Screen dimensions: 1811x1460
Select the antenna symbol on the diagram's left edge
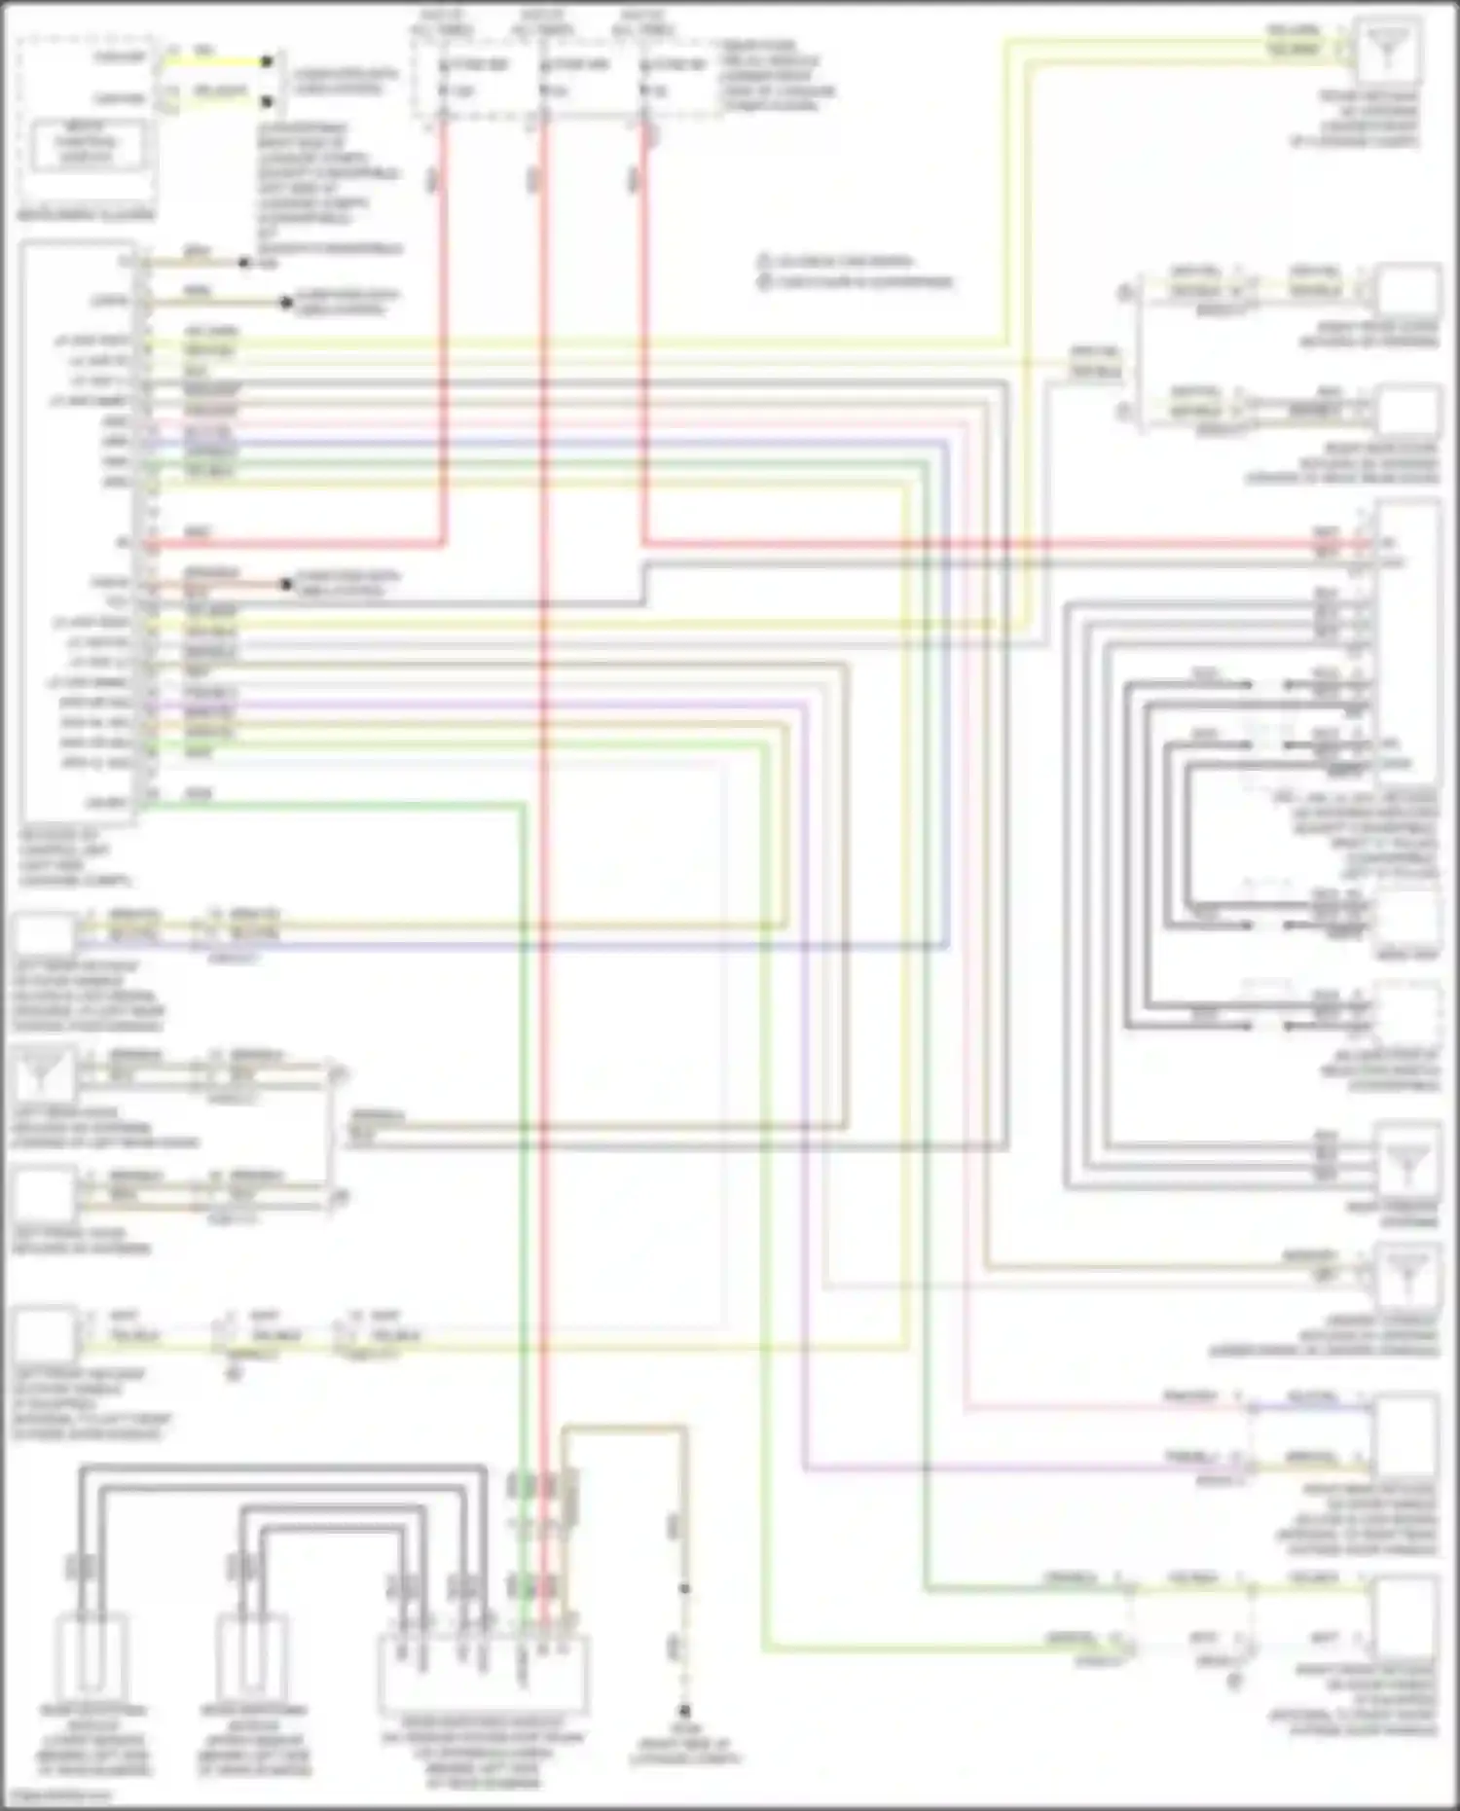coord(43,1074)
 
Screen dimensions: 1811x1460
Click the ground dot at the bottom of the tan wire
coord(684,1711)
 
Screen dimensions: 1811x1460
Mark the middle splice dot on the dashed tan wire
coord(684,1589)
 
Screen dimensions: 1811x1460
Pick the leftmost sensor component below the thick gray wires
coord(92,1654)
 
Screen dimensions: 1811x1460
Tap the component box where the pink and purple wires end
coord(1407,1434)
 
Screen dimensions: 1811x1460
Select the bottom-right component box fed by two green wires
coord(1407,1615)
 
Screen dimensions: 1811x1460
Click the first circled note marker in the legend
coord(765,262)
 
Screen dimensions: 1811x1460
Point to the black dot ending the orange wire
coord(286,585)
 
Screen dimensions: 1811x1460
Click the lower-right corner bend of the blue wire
coord(947,944)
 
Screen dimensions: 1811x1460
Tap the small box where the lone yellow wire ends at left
coord(44,1333)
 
